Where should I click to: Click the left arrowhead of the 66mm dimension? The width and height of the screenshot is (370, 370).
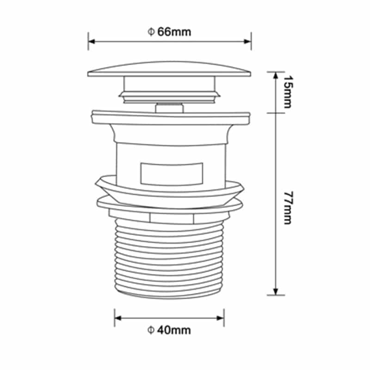pos(92,42)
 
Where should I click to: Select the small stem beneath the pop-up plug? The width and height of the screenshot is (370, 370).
pos(169,108)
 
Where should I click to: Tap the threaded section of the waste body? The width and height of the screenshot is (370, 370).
pos(169,259)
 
